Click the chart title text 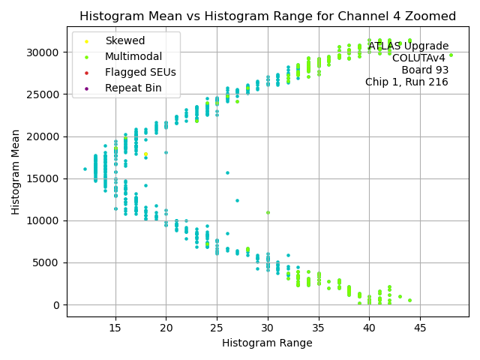tap(268, 16)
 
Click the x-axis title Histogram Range tap(267, 343)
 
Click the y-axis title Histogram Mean tap(16, 171)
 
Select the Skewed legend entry tap(125, 40)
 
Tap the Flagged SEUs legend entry tap(140, 73)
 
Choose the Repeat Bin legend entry tap(133, 88)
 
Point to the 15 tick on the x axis tap(115, 327)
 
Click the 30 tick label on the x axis tap(268, 327)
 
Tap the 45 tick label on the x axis tap(420, 327)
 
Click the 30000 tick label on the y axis tap(43, 52)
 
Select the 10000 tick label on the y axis tap(43, 220)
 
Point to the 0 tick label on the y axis tap(56, 305)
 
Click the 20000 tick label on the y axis tap(43, 136)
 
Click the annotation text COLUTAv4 tap(418, 58)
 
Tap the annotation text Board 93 tap(424, 70)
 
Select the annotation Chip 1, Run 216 tap(406, 82)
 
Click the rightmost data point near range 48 tap(451, 55)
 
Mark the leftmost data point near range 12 tap(85, 169)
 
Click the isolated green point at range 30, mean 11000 tap(268, 212)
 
